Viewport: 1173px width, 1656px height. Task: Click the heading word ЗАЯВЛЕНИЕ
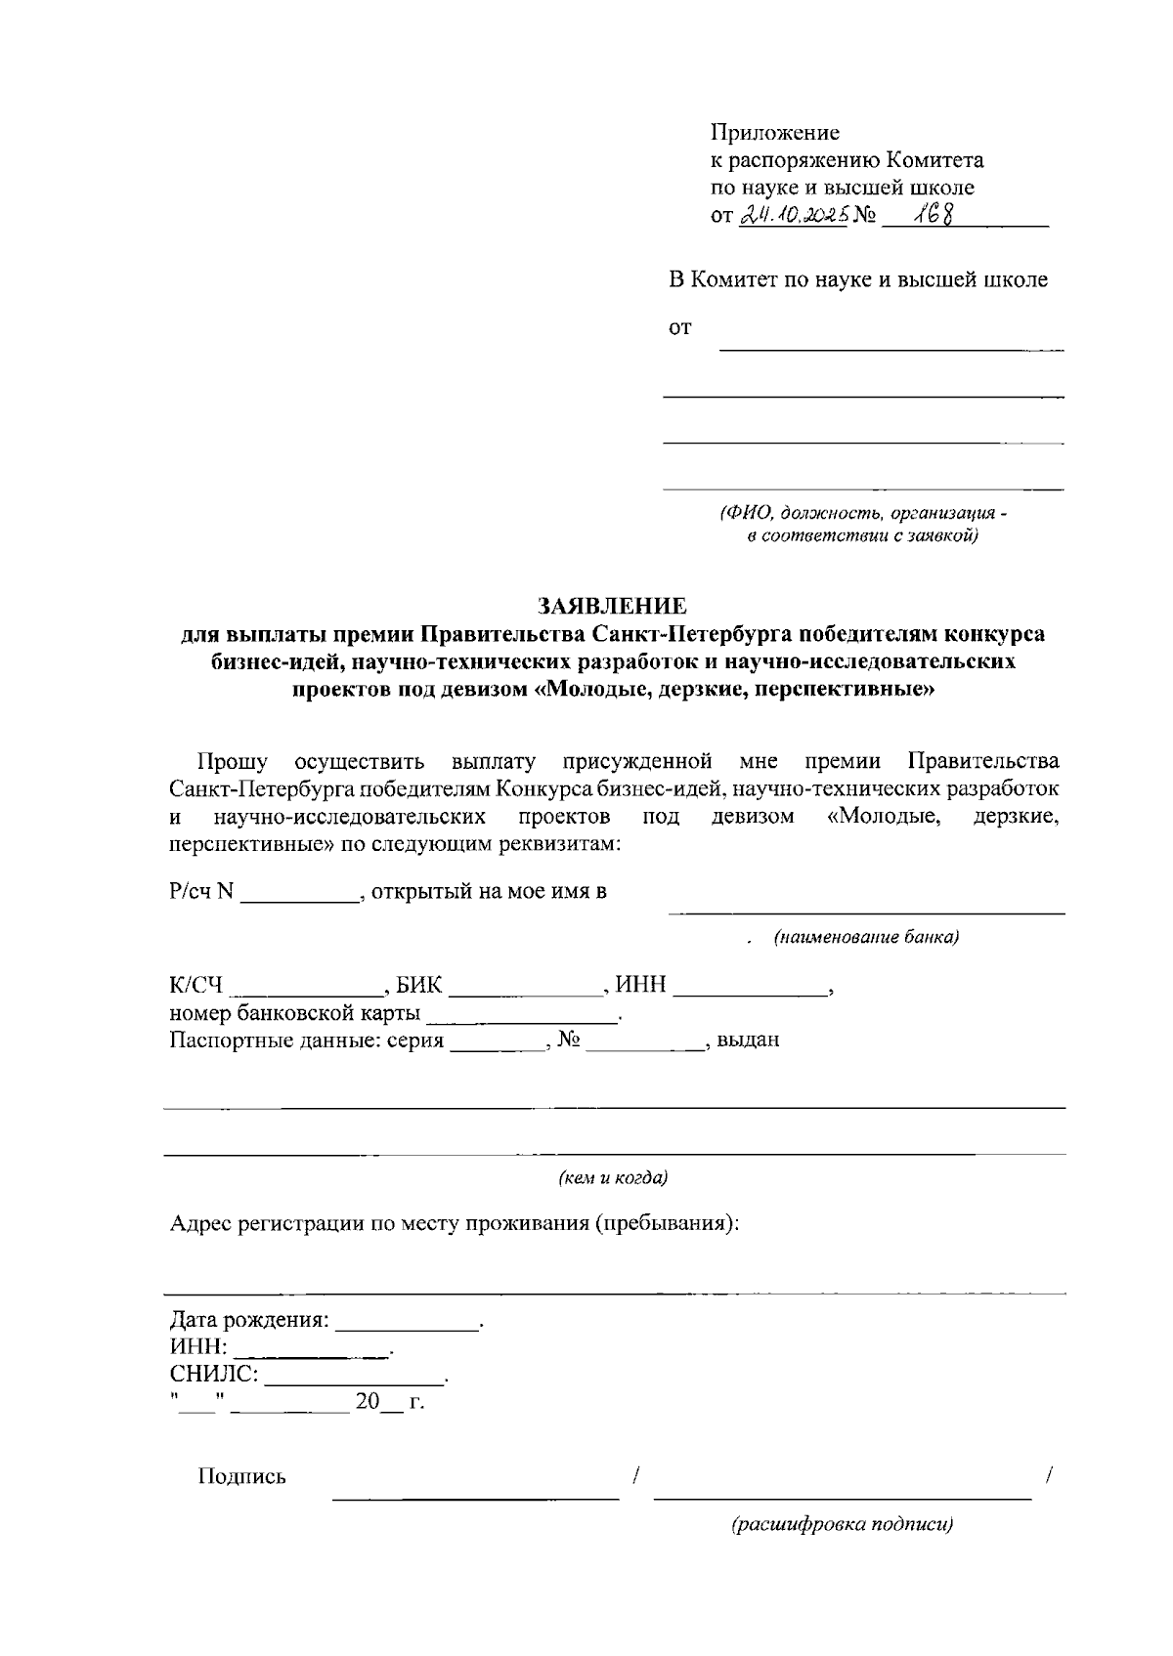[x=613, y=606]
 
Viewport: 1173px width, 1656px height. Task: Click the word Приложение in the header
[x=774, y=133]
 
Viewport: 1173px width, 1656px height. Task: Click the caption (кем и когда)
[x=613, y=1178]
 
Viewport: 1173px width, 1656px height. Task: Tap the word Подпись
[x=241, y=1476]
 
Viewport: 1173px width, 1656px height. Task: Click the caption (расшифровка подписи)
[x=843, y=1524]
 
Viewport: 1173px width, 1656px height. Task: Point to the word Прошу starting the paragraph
[x=232, y=761]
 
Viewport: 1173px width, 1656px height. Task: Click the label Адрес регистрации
[x=267, y=1223]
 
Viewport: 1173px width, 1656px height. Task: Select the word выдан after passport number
[x=748, y=1040]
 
